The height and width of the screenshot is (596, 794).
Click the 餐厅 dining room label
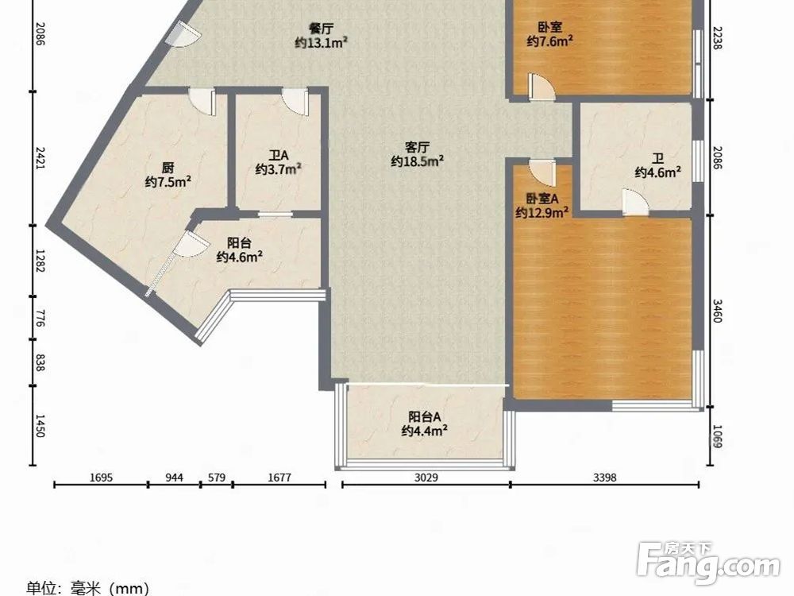[x=321, y=28]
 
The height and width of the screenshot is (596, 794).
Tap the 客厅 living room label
[x=418, y=147]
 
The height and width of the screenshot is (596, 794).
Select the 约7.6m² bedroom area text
[x=550, y=41]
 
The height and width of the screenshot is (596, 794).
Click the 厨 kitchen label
[x=168, y=167]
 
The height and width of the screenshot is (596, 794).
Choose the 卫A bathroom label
[x=278, y=155]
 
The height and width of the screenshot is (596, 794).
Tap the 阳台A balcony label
[x=424, y=416]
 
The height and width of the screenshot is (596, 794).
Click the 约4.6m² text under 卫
[x=657, y=172]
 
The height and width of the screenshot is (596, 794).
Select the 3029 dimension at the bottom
[x=426, y=478]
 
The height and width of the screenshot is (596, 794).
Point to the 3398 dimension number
[x=604, y=478]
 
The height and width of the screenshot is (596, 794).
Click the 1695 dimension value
[x=101, y=478]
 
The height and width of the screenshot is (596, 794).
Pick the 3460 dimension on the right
[x=718, y=311]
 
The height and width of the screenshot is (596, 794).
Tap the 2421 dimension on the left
[x=40, y=158]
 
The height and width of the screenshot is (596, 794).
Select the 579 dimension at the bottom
[x=217, y=478]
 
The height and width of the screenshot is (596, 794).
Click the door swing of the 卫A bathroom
[x=295, y=102]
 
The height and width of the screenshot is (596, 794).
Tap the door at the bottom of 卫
[x=635, y=202]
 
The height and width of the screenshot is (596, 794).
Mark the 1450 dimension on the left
[x=40, y=426]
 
